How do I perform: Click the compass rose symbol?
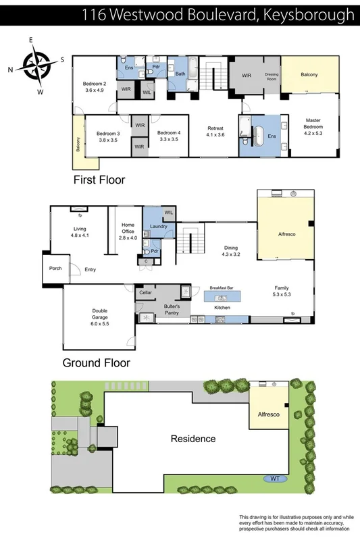pyautogui.click(x=36, y=65)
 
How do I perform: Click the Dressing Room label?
pyautogui.click(x=272, y=77)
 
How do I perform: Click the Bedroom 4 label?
pyautogui.click(x=169, y=136)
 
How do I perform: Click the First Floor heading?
pyautogui.click(x=99, y=180)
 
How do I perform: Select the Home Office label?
pyautogui.click(x=128, y=231)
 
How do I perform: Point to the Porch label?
pyautogui.click(x=56, y=268)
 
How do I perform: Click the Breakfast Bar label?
pyautogui.click(x=222, y=288)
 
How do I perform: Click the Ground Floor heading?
pyautogui.click(x=96, y=362)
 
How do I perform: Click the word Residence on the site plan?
pyautogui.click(x=193, y=439)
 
